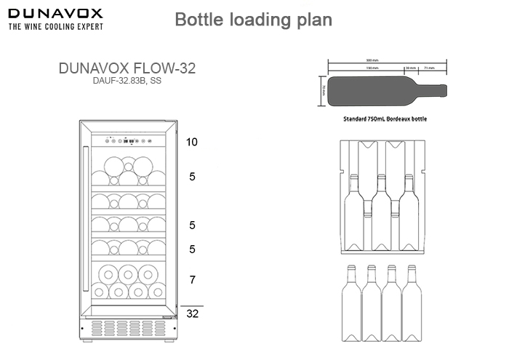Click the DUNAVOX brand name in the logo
(55, 13)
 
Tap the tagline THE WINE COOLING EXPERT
(55, 26)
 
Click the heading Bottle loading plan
(254, 20)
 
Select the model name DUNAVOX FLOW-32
(127, 68)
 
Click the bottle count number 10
(191, 142)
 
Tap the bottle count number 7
(191, 279)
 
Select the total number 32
(192, 314)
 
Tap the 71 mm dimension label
(429, 68)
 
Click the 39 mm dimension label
(411, 68)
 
